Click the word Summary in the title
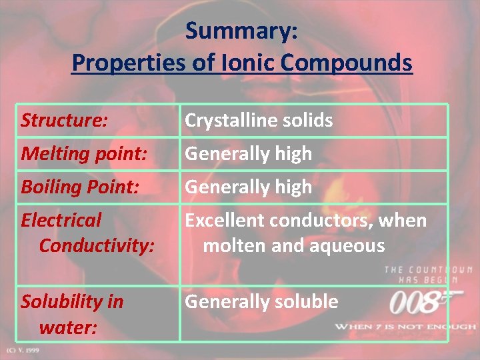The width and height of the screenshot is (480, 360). (241, 31)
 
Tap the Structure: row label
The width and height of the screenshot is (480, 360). (64, 121)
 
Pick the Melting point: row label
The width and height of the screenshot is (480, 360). (84, 154)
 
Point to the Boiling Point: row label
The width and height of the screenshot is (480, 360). (80, 187)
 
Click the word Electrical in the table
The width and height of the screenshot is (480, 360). (61, 220)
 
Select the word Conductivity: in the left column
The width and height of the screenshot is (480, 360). (97, 245)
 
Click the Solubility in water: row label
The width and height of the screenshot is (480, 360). (72, 314)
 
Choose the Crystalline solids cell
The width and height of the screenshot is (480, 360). (259, 121)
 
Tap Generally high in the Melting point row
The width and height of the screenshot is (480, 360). (248, 154)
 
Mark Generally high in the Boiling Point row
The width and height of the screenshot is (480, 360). (248, 187)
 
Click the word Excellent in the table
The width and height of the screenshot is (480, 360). (224, 220)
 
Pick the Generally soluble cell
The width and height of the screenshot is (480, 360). (261, 302)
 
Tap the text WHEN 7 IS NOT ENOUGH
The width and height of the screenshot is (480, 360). (405, 327)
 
